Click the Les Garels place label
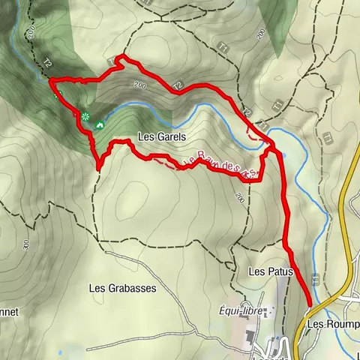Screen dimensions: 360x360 (161, 137)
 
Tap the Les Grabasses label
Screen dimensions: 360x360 (118, 287)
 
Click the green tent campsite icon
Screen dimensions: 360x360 (99, 124)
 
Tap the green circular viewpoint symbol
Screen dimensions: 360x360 (85, 116)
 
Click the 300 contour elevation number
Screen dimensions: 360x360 (25, 244)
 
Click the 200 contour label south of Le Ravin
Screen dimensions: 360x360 (239, 197)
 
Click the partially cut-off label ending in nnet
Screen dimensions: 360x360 (9, 310)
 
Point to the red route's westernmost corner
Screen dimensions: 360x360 (49, 80)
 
